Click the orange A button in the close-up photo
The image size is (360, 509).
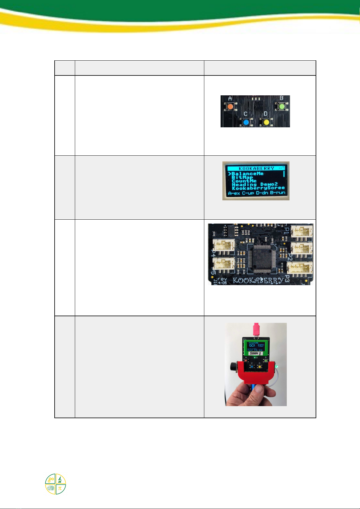(x=230, y=107)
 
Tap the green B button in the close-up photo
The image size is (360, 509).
(x=281, y=107)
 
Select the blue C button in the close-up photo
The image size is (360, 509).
(x=246, y=122)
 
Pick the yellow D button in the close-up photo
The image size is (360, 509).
(x=266, y=122)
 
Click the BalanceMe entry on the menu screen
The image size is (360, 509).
(x=247, y=174)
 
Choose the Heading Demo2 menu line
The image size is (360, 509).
(x=254, y=184)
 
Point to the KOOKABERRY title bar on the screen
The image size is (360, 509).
(x=256, y=168)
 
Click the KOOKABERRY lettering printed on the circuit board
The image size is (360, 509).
(x=258, y=280)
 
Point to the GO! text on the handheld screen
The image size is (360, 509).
(x=252, y=345)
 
